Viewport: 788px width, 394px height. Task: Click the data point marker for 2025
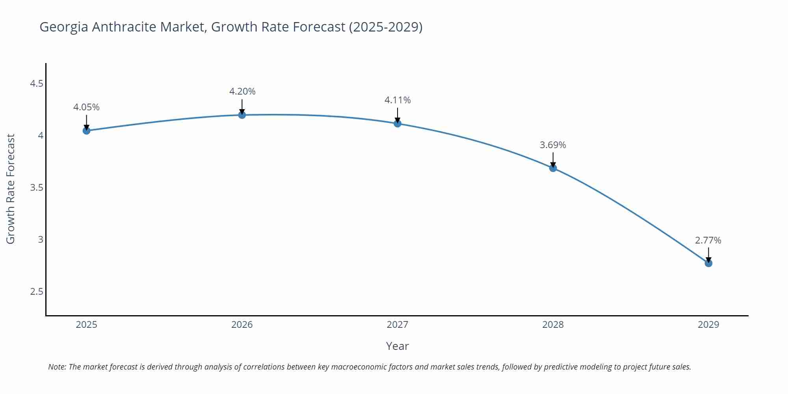86,130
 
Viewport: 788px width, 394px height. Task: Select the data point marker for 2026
242,115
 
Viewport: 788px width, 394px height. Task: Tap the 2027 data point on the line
398,123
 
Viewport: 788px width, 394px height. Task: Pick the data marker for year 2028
553,168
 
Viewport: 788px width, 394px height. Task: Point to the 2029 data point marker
708,263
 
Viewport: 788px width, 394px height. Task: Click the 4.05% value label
86,107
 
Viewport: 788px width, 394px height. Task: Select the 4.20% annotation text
242,91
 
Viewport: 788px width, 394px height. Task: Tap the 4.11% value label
398,100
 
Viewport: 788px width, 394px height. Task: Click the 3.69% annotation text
553,145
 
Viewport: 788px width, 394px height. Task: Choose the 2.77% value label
708,240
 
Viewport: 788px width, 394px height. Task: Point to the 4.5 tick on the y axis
37,84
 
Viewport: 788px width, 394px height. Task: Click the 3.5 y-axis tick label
37,188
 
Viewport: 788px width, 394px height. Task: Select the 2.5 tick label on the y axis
37,292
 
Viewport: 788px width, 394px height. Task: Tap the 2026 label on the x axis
242,325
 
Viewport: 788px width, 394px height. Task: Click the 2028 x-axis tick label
553,325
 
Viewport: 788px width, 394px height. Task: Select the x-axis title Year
397,346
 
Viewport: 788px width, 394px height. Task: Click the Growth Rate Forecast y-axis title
11,189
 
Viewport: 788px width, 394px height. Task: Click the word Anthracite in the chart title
124,27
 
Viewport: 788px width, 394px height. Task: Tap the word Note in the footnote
57,367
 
